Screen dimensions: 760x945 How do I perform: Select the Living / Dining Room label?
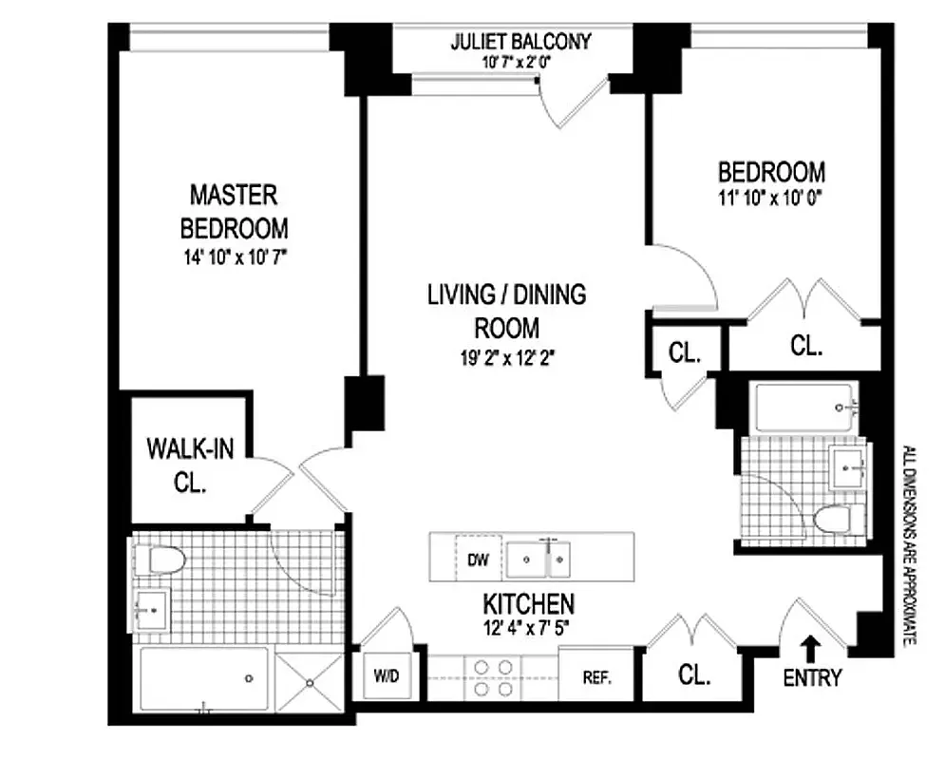click(506, 311)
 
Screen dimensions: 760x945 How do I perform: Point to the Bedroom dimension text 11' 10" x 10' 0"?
click(770, 198)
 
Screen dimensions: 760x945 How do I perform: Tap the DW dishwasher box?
click(478, 560)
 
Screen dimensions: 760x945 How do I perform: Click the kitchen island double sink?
click(538, 560)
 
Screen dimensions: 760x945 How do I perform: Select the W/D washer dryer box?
click(386, 677)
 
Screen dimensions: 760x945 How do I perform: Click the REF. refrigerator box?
click(595, 678)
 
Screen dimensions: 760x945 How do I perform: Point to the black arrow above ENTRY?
click(813, 648)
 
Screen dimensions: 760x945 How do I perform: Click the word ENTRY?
click(814, 678)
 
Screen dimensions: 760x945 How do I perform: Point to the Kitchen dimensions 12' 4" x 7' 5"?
click(529, 626)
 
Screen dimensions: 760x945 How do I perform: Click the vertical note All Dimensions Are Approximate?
click(909, 546)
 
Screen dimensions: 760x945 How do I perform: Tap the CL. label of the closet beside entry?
click(694, 675)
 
